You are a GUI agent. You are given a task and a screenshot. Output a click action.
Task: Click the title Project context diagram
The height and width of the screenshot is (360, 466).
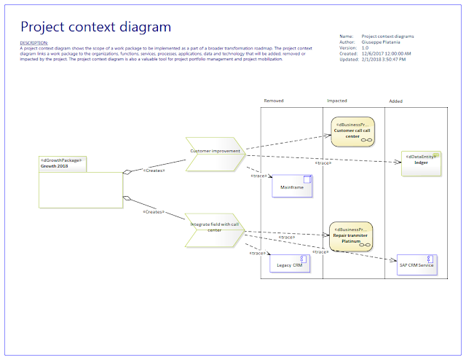click(95, 27)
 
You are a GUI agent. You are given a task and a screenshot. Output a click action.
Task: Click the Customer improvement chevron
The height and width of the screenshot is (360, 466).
click(214, 151)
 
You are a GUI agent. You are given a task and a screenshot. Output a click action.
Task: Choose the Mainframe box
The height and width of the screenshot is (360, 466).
click(291, 187)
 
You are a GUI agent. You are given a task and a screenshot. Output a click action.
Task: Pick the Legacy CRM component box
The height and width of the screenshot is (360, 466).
click(289, 265)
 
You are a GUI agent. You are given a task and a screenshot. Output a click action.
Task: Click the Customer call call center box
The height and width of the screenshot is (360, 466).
click(352, 131)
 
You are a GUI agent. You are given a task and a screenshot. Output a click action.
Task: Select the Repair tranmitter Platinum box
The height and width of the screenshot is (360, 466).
click(352, 236)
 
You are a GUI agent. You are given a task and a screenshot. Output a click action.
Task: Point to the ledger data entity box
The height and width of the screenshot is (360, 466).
click(421, 163)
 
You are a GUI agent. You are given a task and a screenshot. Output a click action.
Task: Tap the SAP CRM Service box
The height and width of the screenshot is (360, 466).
click(416, 265)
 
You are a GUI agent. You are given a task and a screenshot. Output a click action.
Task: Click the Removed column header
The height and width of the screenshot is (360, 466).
click(274, 101)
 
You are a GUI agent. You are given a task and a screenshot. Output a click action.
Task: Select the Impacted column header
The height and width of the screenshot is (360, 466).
click(337, 101)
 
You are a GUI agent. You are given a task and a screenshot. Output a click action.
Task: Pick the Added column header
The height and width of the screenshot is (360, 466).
click(396, 101)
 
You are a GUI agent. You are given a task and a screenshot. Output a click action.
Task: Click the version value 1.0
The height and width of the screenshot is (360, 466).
click(366, 47)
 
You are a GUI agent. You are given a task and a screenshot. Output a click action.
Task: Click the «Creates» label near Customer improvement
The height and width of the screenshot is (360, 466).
click(154, 171)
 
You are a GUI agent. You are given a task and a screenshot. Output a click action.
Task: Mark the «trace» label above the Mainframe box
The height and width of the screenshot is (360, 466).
click(260, 176)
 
